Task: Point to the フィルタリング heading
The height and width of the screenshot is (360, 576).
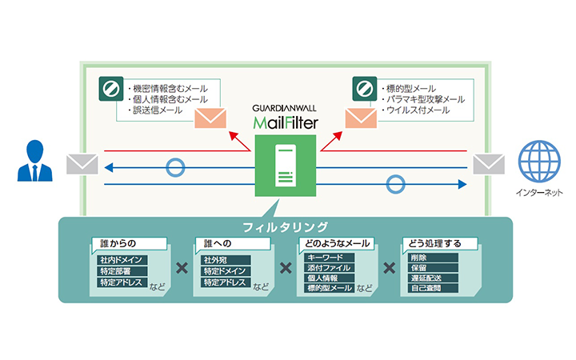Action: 286,226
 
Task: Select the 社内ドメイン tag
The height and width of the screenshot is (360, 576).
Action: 121,261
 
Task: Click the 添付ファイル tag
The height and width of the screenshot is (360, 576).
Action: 329,269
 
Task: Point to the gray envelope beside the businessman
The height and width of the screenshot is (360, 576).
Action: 81,164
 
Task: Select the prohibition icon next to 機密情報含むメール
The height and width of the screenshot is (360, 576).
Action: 108,87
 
